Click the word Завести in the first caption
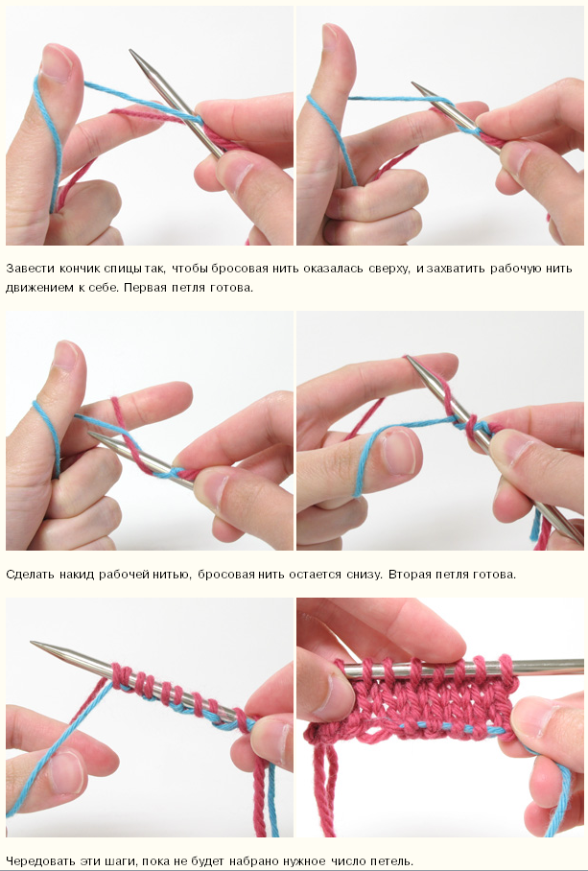pyautogui.click(x=26, y=269)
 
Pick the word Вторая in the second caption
pyautogui.click(x=406, y=574)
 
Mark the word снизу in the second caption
pyautogui.click(x=365, y=574)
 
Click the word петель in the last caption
pyautogui.click(x=394, y=861)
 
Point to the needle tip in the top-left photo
pyautogui.click(x=131, y=51)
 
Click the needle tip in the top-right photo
pyautogui.click(x=414, y=83)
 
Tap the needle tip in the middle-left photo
pyautogui.click(x=90, y=434)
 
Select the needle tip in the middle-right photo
pyautogui.click(x=409, y=358)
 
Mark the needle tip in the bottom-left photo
pyautogui.click(x=34, y=643)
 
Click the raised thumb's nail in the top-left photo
pyautogui.click(x=55, y=62)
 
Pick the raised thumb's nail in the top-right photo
pyautogui.click(x=330, y=36)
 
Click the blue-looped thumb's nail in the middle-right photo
pyautogui.click(x=399, y=451)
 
